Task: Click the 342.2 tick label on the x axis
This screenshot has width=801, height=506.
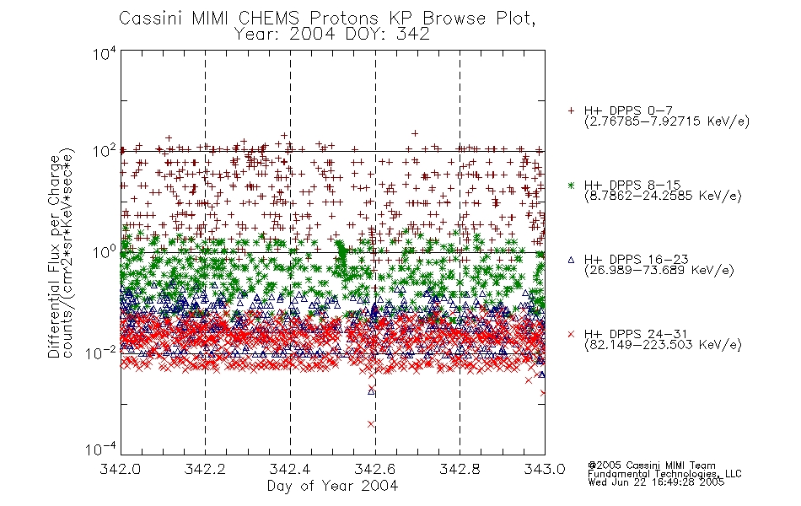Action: [x=205, y=469]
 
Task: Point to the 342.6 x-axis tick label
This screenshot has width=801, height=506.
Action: [x=375, y=469]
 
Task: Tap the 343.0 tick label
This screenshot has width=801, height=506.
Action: [x=545, y=469]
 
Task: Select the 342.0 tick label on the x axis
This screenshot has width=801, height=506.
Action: [x=120, y=469]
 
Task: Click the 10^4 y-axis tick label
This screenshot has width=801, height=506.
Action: [x=105, y=52]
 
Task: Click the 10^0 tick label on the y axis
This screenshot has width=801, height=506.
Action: [x=105, y=251]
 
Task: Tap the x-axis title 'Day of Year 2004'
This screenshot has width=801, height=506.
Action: [x=332, y=486]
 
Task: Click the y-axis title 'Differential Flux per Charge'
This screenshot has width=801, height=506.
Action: [x=54, y=256]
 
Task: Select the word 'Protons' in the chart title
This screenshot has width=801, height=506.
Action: [x=343, y=19]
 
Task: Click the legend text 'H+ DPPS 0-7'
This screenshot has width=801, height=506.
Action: [x=628, y=110]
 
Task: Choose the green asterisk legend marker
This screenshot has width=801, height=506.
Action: [x=571, y=186]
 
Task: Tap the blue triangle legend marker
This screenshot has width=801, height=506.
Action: [x=571, y=260]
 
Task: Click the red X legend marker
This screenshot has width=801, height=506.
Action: [x=571, y=334]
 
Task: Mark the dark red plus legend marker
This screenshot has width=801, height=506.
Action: [x=571, y=110]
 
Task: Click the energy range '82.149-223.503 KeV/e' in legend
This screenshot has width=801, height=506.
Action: [x=663, y=345]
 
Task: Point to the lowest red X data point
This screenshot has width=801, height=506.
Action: [x=371, y=423]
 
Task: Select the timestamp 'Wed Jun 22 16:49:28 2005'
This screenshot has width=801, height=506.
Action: [x=656, y=482]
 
